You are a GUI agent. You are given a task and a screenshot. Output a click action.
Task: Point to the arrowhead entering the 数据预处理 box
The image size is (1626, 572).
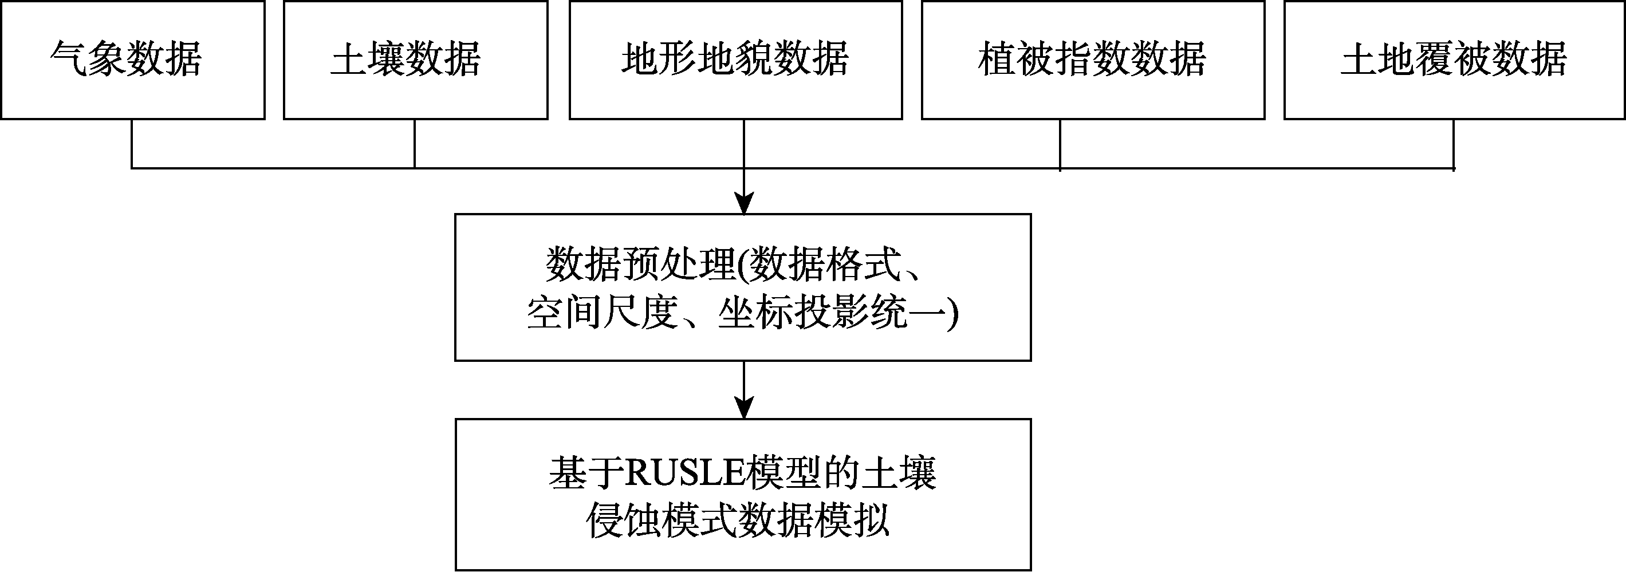744,203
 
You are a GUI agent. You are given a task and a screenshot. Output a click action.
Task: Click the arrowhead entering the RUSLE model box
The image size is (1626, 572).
744,408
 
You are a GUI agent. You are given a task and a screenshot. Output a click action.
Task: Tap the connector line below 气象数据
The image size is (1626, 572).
132,144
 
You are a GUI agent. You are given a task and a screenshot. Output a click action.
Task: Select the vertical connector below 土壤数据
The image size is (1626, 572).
415,144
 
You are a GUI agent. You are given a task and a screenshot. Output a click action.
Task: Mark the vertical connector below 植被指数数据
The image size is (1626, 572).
1060,145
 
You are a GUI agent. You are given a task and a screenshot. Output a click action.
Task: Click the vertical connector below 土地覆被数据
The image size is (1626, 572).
1454,145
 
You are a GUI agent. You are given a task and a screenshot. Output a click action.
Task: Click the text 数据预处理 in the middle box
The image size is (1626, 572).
641,264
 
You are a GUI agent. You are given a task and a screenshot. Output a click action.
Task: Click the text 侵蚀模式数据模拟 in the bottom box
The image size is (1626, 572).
738,521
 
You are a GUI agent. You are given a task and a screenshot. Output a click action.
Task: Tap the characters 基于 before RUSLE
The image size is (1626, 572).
586,474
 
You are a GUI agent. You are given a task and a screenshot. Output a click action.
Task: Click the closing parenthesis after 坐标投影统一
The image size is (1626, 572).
952,313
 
